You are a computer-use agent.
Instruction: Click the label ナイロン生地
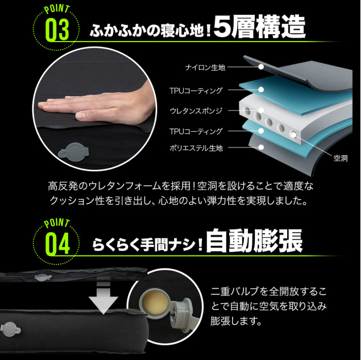(x=205, y=68)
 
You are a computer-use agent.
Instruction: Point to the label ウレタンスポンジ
(x=196, y=111)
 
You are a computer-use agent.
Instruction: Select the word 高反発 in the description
(x=64, y=186)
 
